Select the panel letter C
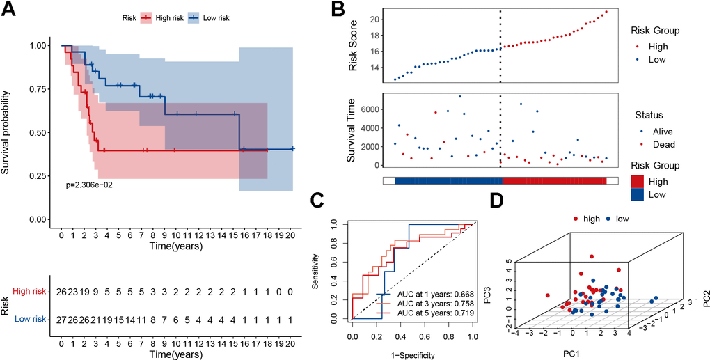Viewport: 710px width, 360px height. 317,201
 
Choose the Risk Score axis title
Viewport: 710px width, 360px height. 356,47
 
